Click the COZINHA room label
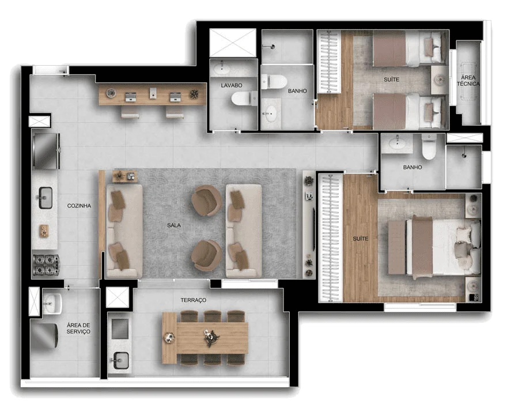[79, 206]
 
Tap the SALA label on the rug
[174, 226]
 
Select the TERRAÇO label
[193, 300]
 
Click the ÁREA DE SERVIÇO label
[78, 328]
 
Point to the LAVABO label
[232, 85]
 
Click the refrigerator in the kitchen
[46, 150]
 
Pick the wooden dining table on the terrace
[205, 338]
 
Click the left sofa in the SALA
[124, 231]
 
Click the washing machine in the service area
[44, 337]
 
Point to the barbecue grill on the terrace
[119, 330]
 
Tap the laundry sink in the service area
[52, 302]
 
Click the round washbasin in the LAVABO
[221, 70]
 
